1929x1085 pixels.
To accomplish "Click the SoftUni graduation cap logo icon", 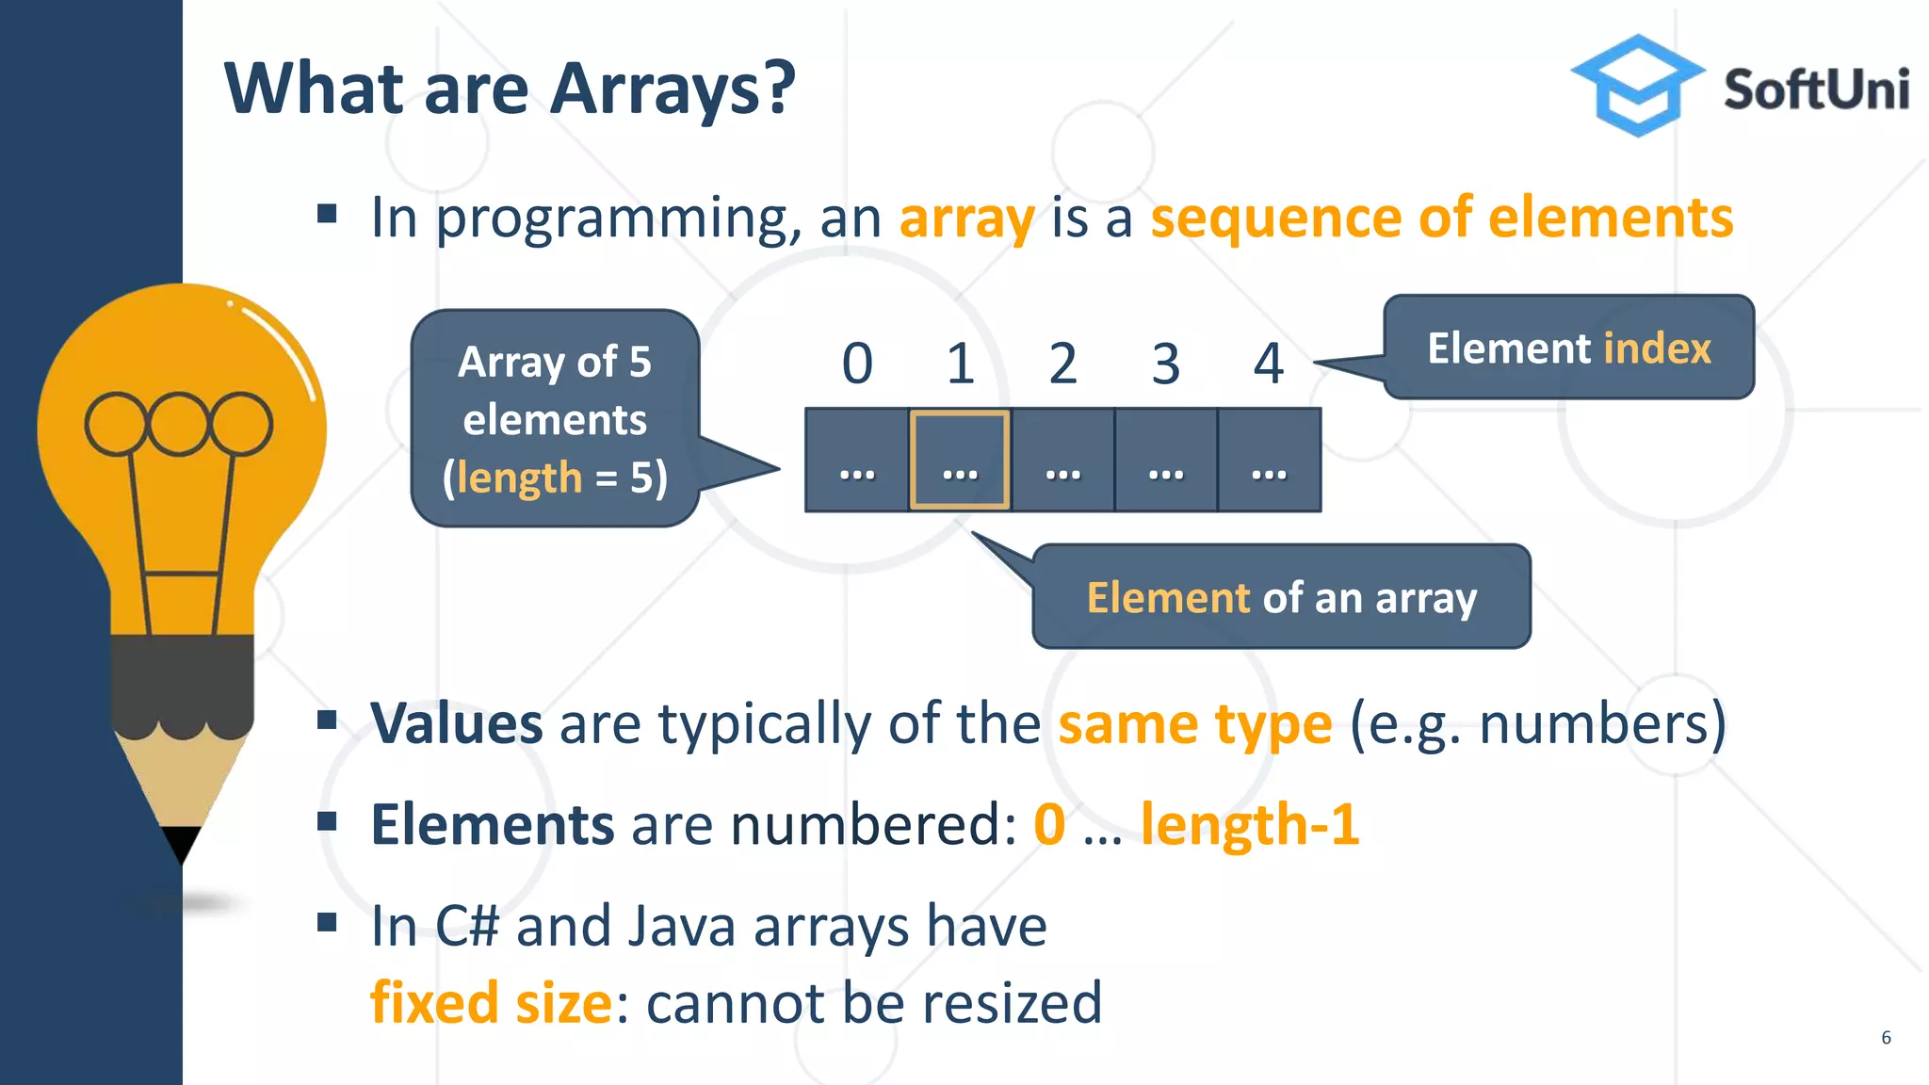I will tap(1638, 86).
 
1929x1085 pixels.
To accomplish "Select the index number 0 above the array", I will tap(857, 364).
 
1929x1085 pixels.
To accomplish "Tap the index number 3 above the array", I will tap(1165, 364).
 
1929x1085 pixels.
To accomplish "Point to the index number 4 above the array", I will tap(1268, 364).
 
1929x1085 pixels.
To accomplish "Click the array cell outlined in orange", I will tap(960, 460).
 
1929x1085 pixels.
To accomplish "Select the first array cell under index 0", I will tap(857, 461).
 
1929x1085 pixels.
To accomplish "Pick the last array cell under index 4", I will tap(1269, 461).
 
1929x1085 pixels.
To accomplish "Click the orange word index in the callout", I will tap(1657, 348).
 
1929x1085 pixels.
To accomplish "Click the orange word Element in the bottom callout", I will tap(1168, 598).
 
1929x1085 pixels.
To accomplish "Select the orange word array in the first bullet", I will tap(966, 219).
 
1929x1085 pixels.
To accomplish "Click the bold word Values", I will tap(457, 723).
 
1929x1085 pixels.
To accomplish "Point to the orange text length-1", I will tap(1249, 825).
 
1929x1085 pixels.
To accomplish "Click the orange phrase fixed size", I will tap(491, 1002).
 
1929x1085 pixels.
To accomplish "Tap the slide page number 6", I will tap(1886, 1038).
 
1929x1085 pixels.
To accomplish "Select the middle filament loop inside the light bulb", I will tap(178, 424).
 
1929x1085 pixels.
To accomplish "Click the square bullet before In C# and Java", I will tap(327, 922).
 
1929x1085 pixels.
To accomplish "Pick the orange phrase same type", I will tap(1194, 724).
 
